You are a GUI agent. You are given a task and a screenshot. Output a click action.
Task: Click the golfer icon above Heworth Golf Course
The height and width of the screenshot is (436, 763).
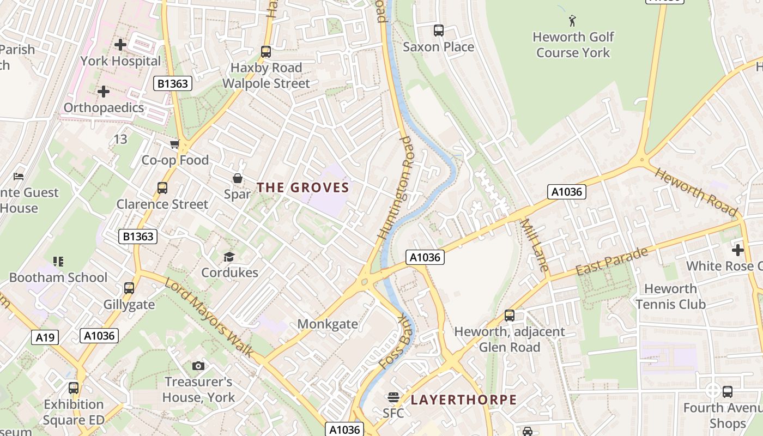pyautogui.click(x=572, y=21)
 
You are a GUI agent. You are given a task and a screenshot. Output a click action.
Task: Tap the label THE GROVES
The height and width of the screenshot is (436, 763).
pyautogui.click(x=302, y=187)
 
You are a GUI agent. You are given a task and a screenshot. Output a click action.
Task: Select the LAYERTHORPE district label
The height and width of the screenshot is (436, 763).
pyautogui.click(x=463, y=399)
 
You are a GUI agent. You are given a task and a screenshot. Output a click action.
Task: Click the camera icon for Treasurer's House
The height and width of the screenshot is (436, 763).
pyautogui.click(x=198, y=366)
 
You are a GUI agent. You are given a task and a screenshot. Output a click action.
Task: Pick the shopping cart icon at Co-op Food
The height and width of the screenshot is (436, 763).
pyautogui.click(x=174, y=144)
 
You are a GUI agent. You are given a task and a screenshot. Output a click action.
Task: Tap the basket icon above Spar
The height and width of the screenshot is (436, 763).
pyautogui.click(x=238, y=178)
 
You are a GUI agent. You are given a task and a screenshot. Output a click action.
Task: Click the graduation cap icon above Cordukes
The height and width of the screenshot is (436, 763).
pyautogui.click(x=229, y=257)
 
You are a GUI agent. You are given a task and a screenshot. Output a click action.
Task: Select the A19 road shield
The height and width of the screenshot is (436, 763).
pyautogui.click(x=45, y=338)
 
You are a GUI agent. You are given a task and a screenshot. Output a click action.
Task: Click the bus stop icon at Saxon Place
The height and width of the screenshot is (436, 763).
pyautogui.click(x=438, y=31)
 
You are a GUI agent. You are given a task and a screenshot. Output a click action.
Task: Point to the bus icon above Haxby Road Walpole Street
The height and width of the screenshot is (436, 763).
pyautogui.click(x=265, y=52)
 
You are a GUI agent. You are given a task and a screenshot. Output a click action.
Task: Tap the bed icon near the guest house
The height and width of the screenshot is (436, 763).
pyautogui.click(x=19, y=177)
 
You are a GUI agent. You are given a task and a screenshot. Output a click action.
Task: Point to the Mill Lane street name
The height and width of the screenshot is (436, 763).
pyautogui.click(x=534, y=245)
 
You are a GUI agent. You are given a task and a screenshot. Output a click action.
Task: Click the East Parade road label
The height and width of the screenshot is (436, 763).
pyautogui.click(x=611, y=262)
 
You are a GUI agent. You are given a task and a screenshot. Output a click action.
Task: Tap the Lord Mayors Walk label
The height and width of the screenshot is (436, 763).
pyautogui.click(x=209, y=318)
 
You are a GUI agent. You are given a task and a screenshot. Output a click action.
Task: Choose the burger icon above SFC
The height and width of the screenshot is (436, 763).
pyautogui.click(x=393, y=397)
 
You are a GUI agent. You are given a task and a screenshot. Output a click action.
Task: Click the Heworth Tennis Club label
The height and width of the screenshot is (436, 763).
pyautogui.click(x=670, y=296)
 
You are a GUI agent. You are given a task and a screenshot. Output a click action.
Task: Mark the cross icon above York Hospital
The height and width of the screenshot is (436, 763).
pyautogui.click(x=120, y=45)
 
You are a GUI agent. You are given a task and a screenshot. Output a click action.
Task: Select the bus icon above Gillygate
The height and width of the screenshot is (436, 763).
pyautogui.click(x=129, y=288)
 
